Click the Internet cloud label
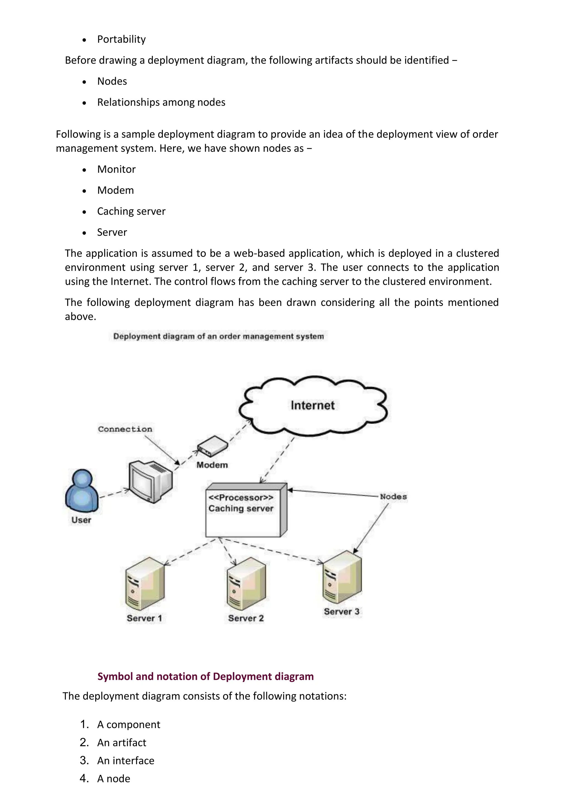coord(312,405)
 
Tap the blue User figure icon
coord(82,491)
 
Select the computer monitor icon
coord(150,480)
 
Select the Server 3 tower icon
coord(342,577)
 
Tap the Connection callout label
coord(125,429)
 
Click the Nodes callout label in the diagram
coord(393,496)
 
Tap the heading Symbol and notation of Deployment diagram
coord(205,676)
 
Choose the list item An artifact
coord(121,743)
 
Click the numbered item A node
coord(114,779)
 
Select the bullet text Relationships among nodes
coord(161,102)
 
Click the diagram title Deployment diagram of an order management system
coord(218,336)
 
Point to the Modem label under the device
coord(212,465)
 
